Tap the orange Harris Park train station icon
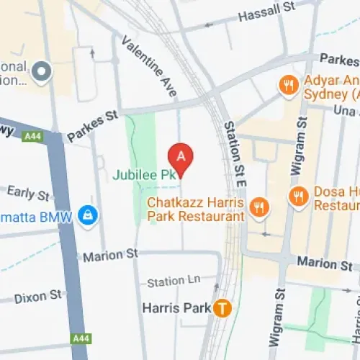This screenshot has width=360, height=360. tap(224, 309)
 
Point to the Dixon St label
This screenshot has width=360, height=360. tap(38, 295)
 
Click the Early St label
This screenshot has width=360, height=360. tap(28, 193)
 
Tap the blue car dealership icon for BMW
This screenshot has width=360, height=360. tap(88, 215)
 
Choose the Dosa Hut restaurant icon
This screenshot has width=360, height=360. tap(297, 195)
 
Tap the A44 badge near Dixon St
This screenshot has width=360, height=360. tap(80, 338)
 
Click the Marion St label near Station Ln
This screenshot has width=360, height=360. tap(110, 256)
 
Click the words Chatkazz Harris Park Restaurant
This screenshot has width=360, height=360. tap(195, 209)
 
